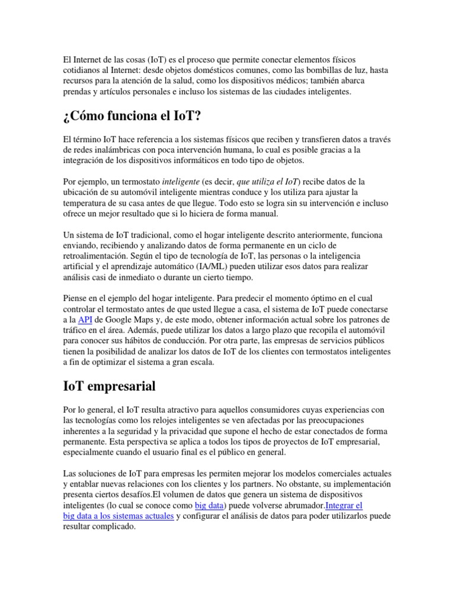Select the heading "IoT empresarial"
(x=110, y=386)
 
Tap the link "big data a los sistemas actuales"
(x=118, y=516)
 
